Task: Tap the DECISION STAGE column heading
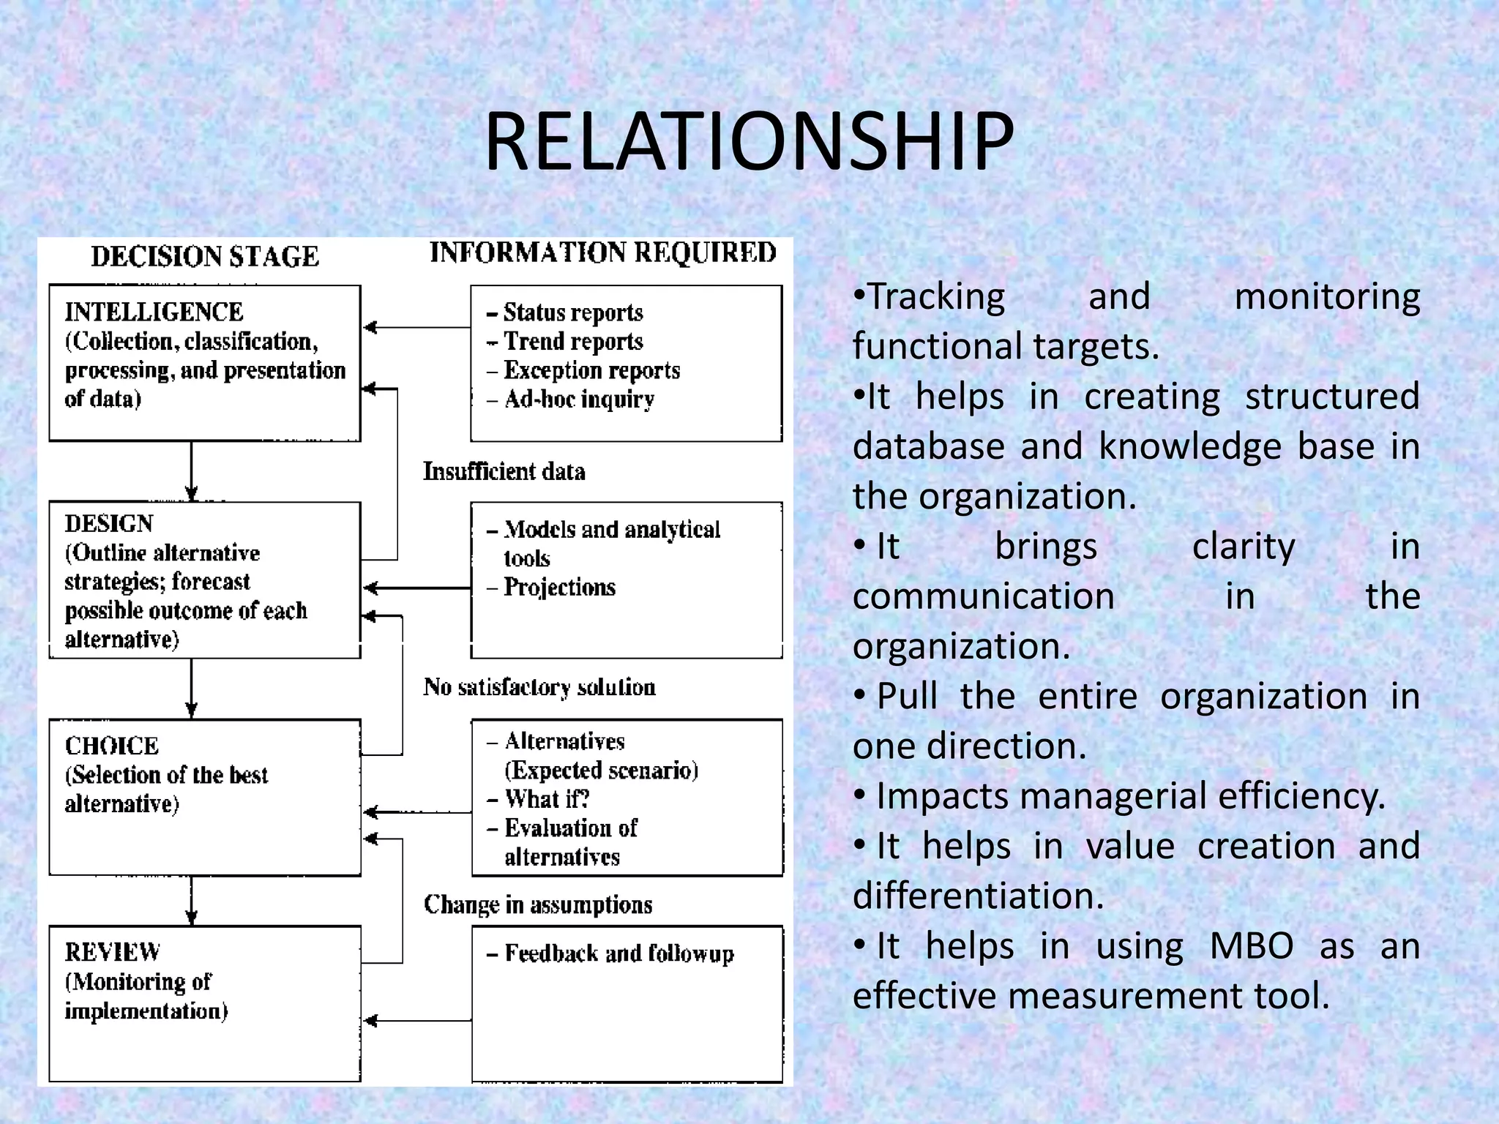(205, 256)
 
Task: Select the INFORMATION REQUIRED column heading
(602, 252)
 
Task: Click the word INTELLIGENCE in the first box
(154, 312)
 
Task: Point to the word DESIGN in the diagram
(109, 524)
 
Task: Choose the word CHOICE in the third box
(112, 746)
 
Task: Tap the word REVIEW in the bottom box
(113, 952)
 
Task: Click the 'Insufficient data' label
(504, 471)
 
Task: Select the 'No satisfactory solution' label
(539, 687)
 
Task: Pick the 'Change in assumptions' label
(538, 904)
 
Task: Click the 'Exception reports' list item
(591, 370)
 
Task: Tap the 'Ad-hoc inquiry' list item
(579, 400)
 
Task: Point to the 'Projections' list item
(560, 587)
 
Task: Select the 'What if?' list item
(547, 798)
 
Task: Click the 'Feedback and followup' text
(619, 953)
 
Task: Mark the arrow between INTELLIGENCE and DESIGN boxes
(192, 471)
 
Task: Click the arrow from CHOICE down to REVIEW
(192, 901)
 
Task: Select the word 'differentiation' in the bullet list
(978, 896)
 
